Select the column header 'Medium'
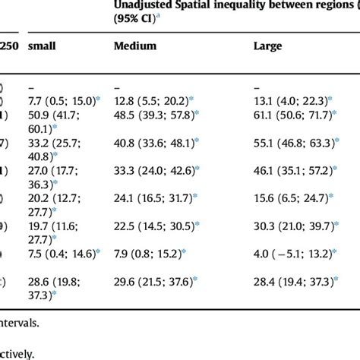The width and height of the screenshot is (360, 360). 135,46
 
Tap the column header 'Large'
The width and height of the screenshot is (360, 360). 267,46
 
